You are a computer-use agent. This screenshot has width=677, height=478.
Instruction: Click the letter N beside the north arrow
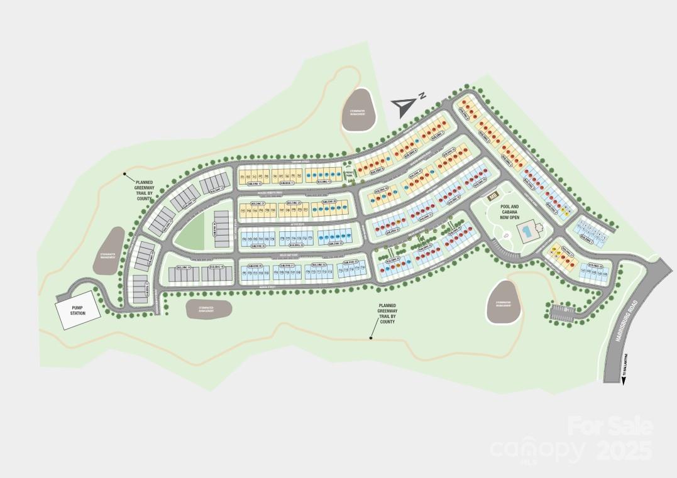(423, 95)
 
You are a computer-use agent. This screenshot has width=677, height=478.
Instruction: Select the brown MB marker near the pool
(493, 196)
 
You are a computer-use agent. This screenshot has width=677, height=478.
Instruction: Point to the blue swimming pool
(526, 233)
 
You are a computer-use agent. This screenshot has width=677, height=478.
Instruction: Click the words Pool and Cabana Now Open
(509, 212)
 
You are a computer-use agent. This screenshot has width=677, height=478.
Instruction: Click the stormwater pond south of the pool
(506, 301)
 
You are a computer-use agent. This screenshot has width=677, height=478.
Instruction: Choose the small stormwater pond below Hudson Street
(209, 308)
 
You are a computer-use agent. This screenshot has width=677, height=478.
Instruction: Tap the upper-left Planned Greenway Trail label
(144, 188)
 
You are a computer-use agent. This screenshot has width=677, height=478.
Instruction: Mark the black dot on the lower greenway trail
(371, 339)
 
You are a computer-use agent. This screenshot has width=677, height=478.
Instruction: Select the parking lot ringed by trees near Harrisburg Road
(562, 312)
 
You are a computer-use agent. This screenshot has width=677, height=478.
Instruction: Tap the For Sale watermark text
(609, 426)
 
